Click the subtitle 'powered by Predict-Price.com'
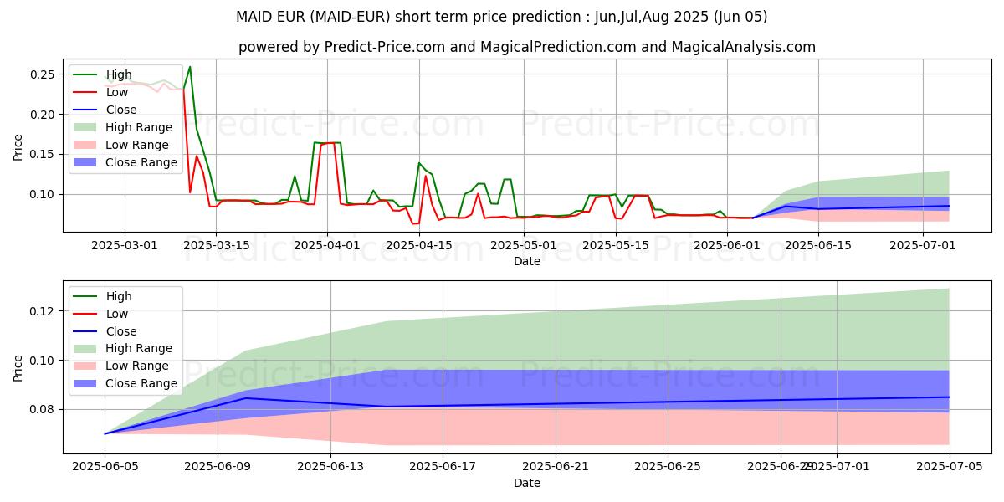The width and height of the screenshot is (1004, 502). pos(526,47)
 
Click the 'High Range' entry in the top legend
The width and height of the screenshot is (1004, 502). pos(139,127)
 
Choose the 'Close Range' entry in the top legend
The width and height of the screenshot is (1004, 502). pos(141,162)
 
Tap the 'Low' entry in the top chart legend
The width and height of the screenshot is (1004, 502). pos(116,92)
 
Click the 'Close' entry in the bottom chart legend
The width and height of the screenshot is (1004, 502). pos(121,331)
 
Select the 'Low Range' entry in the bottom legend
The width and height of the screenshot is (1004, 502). pos(138,366)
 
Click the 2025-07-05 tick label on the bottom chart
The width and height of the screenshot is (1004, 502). pos(949,467)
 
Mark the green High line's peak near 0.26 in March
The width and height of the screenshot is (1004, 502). pos(190,67)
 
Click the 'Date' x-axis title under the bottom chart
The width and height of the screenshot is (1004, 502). pos(527,483)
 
